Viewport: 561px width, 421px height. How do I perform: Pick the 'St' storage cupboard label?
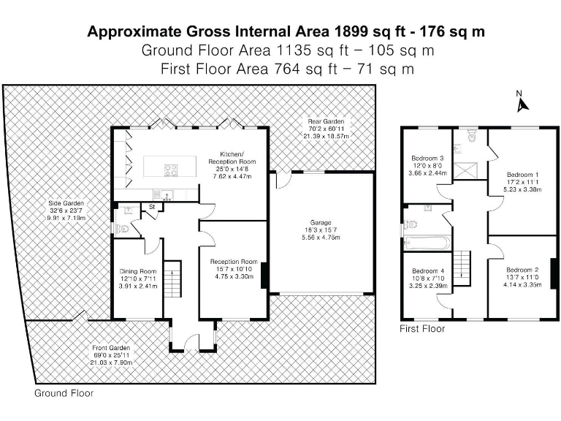click(152, 207)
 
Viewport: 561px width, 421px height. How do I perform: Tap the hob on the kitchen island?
click(171, 170)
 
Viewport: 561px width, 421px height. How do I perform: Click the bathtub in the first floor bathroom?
click(427, 243)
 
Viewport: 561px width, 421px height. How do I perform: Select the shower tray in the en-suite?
click(465, 171)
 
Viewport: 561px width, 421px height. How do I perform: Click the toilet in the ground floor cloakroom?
click(121, 228)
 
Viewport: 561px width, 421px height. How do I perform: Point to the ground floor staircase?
click(172, 278)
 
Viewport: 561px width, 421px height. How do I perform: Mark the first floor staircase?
click(462, 268)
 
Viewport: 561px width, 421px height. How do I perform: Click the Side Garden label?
click(66, 210)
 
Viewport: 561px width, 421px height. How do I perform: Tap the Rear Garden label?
click(326, 129)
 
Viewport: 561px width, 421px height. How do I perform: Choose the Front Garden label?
click(111, 355)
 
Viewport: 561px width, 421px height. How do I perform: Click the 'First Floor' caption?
click(422, 329)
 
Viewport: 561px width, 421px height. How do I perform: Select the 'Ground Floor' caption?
click(64, 393)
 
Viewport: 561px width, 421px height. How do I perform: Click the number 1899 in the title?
click(351, 31)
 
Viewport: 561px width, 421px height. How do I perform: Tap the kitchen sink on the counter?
click(167, 194)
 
